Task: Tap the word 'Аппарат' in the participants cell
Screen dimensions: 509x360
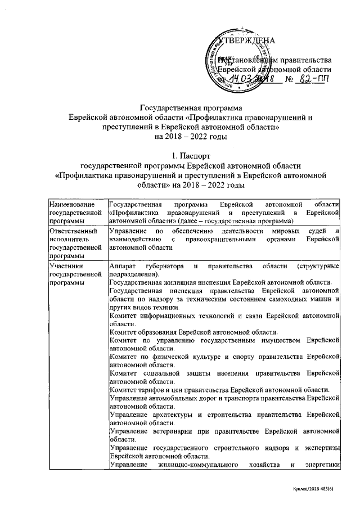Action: pos(123,265)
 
